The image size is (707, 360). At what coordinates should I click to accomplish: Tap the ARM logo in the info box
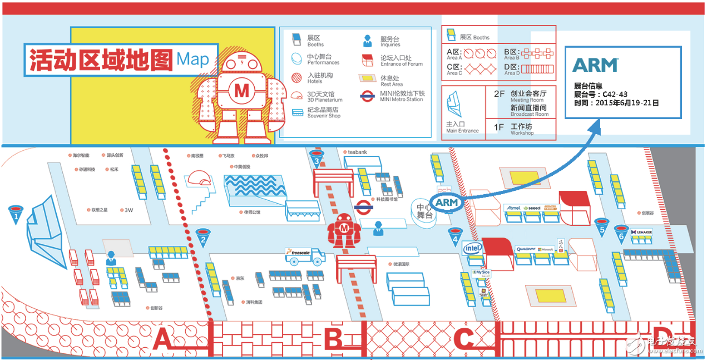(595, 65)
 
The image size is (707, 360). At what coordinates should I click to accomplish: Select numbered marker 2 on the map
(203, 238)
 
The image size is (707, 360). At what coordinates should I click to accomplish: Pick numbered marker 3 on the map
(317, 159)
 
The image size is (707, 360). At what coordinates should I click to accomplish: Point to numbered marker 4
(456, 238)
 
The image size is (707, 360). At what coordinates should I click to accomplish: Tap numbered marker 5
(601, 226)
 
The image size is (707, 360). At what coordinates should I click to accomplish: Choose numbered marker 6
(621, 234)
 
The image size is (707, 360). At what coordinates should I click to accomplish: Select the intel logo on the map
(473, 248)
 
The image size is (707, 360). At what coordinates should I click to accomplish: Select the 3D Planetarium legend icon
(297, 95)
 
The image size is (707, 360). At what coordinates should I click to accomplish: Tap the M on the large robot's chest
(241, 89)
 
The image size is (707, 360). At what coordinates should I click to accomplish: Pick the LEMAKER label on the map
(641, 232)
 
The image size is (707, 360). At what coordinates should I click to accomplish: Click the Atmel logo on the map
(513, 208)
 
